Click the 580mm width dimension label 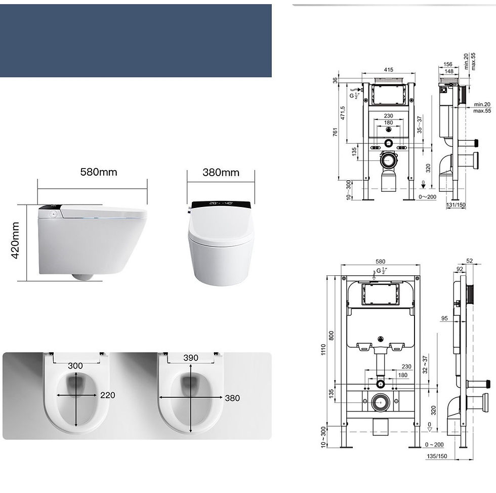98,172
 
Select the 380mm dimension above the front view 221,172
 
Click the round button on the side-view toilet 51,214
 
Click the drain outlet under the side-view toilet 83,276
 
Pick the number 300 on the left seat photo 75,366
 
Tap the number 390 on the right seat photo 190,358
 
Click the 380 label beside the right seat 232,398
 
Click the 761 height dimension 335,133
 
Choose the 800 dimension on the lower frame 331,335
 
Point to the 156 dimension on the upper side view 448,64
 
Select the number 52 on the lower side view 469,261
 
